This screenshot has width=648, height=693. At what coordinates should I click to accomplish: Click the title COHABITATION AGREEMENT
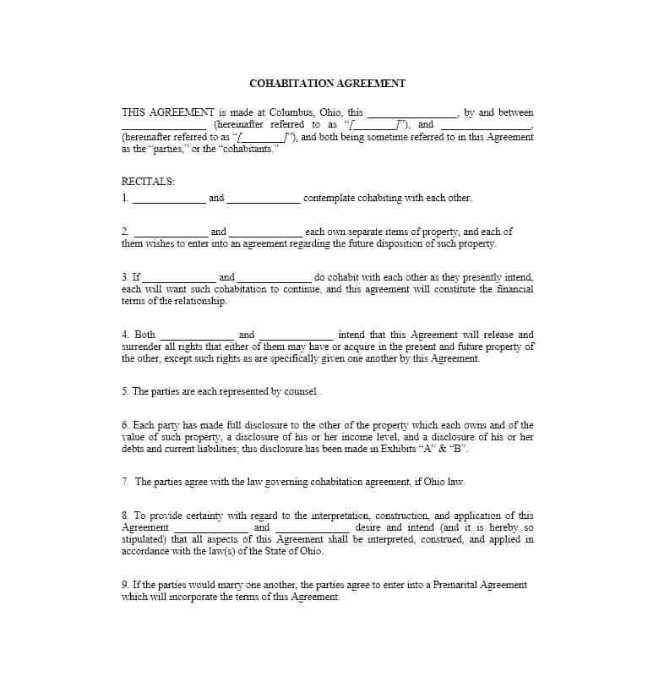328,84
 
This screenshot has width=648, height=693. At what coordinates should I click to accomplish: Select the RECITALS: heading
149,181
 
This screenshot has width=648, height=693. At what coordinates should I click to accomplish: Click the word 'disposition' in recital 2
395,243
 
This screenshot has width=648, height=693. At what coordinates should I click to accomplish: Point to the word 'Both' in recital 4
144,335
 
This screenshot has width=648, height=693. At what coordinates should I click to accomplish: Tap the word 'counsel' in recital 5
300,391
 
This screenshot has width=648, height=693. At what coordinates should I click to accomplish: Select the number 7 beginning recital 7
124,482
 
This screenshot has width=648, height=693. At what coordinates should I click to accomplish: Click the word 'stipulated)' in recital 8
144,539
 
